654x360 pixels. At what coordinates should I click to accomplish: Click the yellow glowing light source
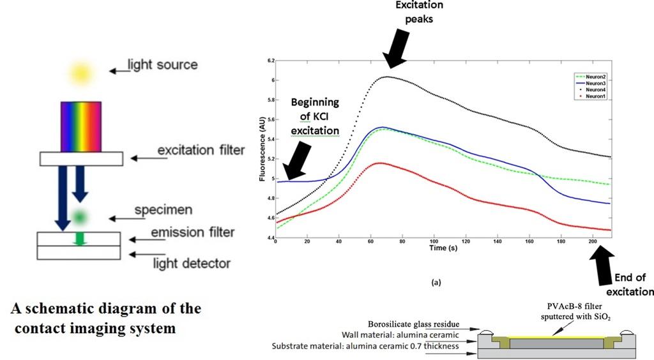(81, 72)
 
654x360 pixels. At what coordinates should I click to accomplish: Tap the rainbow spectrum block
(81, 126)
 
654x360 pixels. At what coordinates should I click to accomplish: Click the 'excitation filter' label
(201, 151)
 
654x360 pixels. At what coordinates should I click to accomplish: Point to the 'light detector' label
(192, 262)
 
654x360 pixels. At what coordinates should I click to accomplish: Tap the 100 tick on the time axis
(434, 241)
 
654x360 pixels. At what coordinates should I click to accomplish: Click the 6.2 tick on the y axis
(270, 61)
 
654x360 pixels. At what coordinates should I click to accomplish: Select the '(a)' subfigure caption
(437, 281)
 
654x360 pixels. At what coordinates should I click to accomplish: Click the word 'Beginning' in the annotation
(315, 102)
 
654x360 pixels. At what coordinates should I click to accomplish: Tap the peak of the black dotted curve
(387, 77)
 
